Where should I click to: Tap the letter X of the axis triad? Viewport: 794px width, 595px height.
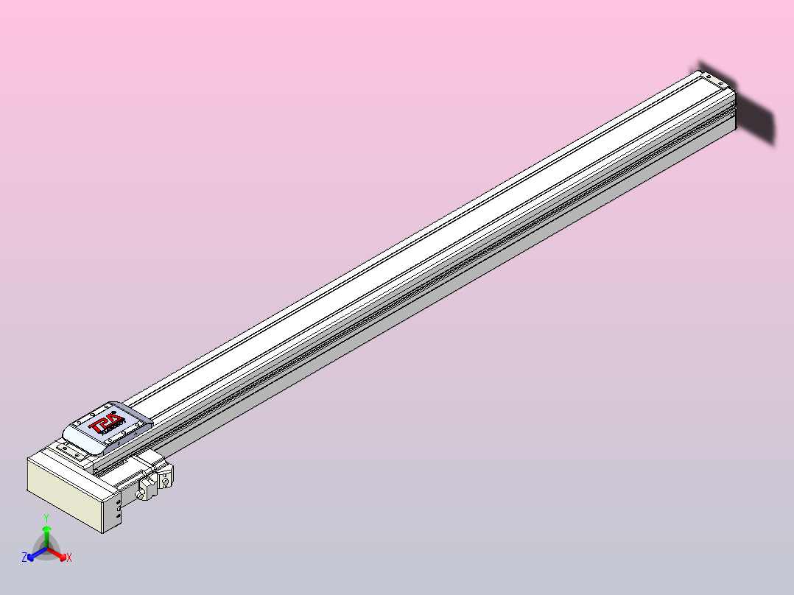tap(68, 558)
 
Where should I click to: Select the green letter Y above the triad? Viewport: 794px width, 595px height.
tap(46, 518)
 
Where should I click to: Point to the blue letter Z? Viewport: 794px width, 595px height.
tap(24, 557)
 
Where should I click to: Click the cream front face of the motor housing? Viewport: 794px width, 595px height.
tap(63, 490)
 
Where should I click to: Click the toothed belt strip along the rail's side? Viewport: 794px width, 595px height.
tap(442, 279)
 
